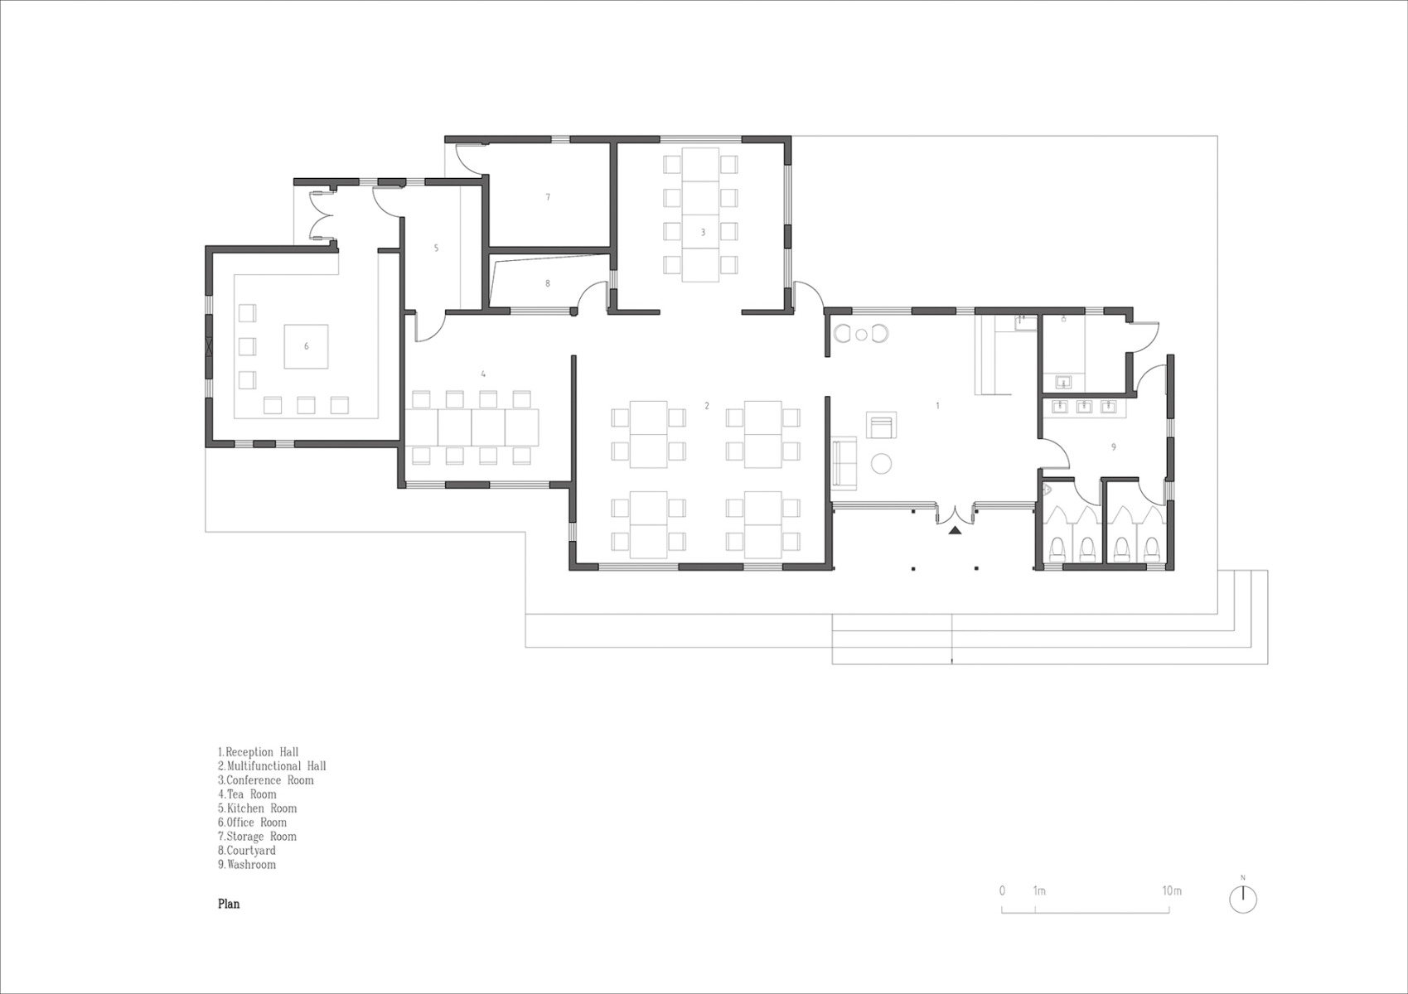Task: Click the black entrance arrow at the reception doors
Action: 955,530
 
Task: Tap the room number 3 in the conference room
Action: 703,232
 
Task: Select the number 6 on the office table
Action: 306,346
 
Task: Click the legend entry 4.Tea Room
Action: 247,794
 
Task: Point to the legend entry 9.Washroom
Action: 247,864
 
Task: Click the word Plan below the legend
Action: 229,904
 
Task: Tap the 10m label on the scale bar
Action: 1171,891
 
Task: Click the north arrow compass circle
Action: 1243,900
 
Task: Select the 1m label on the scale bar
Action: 1038,891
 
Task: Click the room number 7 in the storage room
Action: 548,197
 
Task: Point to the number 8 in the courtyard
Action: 547,283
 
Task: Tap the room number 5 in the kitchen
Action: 436,248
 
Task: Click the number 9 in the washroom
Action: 1113,446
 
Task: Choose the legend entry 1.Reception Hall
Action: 258,751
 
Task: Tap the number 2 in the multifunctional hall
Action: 706,405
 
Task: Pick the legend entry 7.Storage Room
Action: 257,836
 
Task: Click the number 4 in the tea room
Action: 483,374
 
